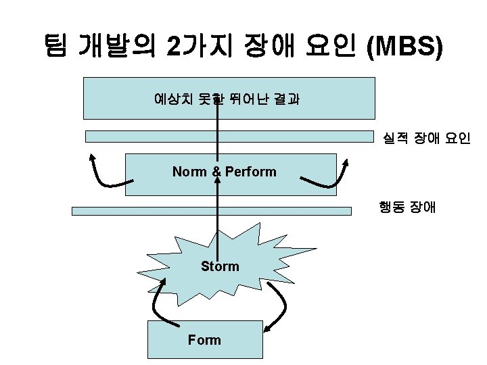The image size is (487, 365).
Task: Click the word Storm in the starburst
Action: pyautogui.click(x=220, y=266)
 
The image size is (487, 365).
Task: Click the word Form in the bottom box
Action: pyautogui.click(x=204, y=340)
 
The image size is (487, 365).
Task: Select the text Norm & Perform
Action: pyautogui.click(x=224, y=172)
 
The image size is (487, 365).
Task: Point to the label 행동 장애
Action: pyautogui.click(x=408, y=206)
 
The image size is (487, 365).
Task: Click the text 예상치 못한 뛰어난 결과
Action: pyautogui.click(x=227, y=99)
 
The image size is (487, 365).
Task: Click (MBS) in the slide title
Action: pyautogui.click(x=404, y=47)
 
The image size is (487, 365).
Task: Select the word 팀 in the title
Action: pyautogui.click(x=56, y=47)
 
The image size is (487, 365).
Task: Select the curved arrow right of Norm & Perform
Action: pyautogui.click(x=328, y=177)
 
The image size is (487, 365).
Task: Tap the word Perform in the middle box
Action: pyautogui.click(x=251, y=172)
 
